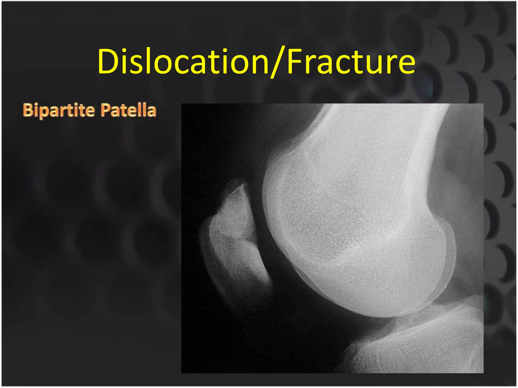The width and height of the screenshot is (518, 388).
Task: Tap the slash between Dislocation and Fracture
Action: point(278,62)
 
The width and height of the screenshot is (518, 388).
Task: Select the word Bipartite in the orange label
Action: point(59,110)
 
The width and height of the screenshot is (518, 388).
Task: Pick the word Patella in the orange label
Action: point(128,110)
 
